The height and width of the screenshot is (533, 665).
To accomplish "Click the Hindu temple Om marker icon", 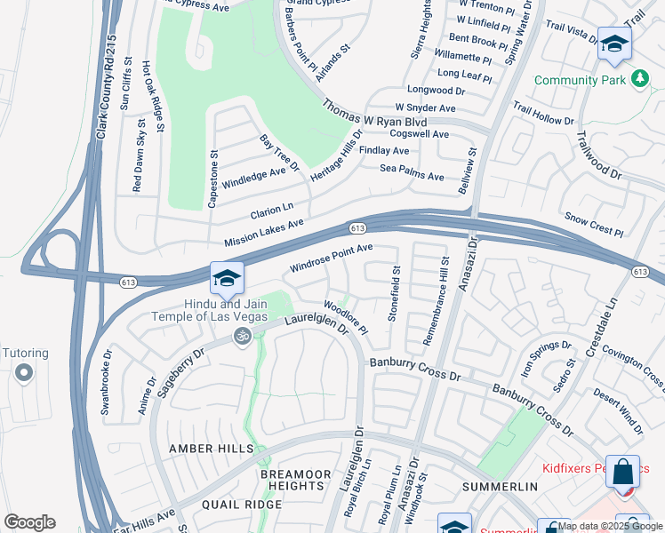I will coord(239,336).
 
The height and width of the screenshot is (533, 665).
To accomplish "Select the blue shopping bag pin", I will coord(623,470).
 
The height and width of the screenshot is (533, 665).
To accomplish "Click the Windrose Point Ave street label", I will coord(331,259).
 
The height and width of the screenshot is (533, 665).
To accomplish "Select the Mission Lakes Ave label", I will coord(264,233).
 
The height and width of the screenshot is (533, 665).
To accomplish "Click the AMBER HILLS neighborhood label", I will coord(205,449).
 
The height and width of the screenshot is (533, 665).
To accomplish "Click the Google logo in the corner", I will coord(29,522).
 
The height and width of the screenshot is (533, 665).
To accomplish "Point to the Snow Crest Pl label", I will coord(594,224).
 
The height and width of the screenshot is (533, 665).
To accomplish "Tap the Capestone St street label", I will coord(213,179).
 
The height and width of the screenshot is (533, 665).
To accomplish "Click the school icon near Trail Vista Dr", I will coord(613,44).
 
